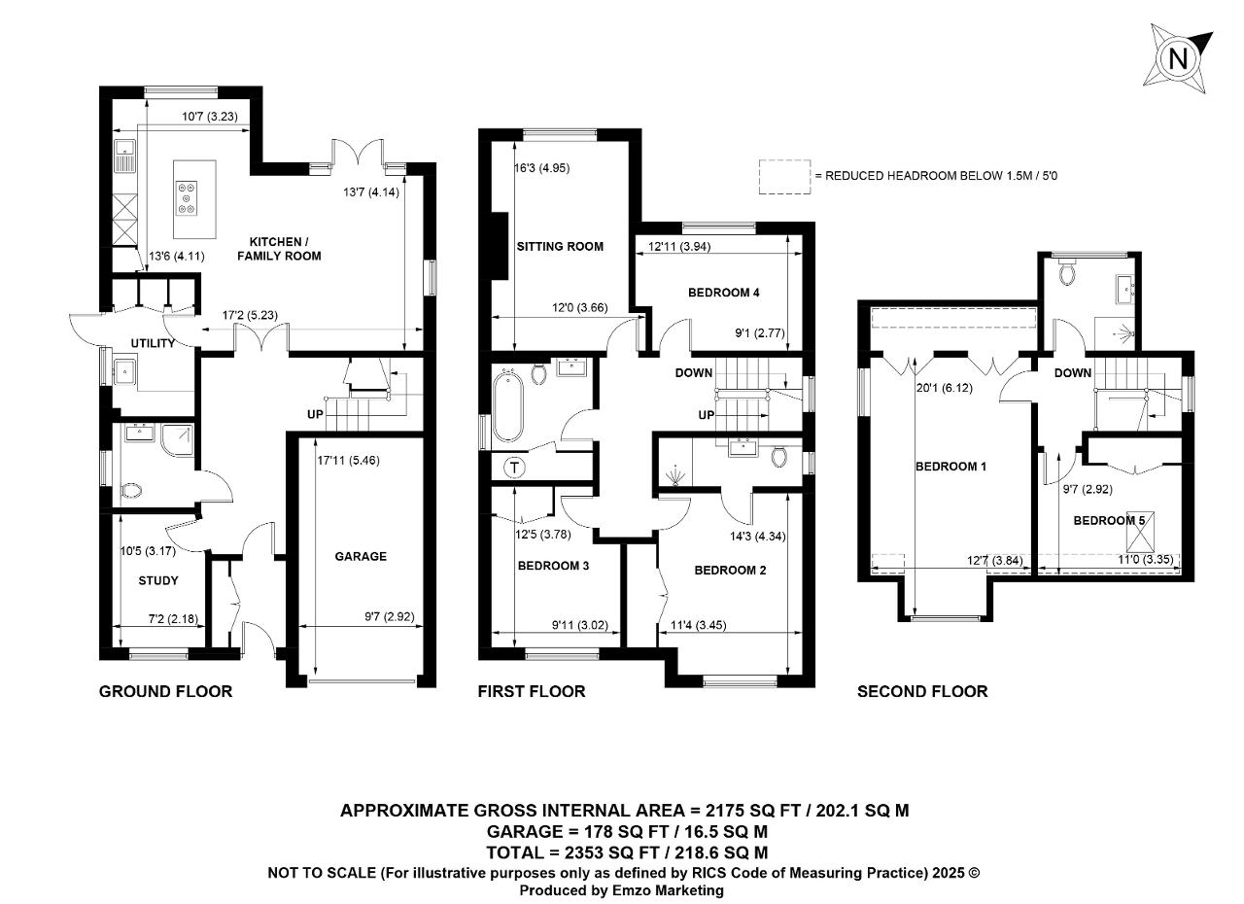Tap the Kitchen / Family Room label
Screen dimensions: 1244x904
click(279, 249)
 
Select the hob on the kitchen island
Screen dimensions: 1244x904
click(187, 198)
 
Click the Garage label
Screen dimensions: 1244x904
click(361, 556)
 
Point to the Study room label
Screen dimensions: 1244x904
click(158, 581)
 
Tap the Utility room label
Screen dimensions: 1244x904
click(153, 343)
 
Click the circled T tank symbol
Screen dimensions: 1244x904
click(515, 468)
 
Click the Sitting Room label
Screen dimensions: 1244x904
click(560, 247)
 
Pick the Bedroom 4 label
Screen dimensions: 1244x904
click(724, 293)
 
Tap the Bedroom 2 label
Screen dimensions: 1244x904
click(730, 571)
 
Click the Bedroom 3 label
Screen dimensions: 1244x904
click(553, 566)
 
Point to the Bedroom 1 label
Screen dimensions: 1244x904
click(950, 467)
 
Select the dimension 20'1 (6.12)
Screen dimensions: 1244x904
click(944, 388)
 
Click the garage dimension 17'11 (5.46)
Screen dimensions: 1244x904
click(348, 461)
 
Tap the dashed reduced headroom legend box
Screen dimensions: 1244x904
click(784, 177)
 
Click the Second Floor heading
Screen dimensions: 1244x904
click(922, 691)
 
